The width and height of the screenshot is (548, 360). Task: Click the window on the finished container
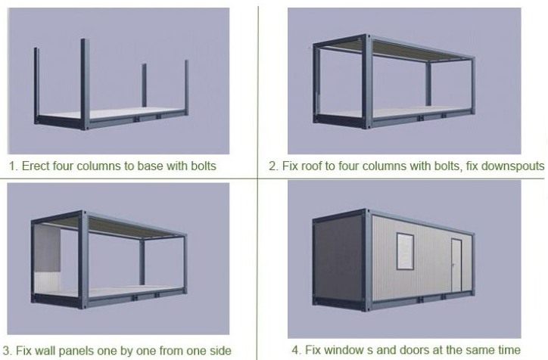(406, 251)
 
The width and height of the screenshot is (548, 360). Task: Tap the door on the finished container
(456, 265)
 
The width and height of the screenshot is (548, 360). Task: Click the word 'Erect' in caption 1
(36, 166)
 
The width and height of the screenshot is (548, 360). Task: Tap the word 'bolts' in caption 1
(204, 166)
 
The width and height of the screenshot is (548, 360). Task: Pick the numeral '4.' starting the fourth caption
(297, 349)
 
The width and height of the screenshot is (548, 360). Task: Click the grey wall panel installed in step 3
(48, 248)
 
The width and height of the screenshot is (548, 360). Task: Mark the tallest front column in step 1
(85, 84)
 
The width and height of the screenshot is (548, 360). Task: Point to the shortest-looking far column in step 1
(144, 85)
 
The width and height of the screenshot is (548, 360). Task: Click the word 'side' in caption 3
(220, 350)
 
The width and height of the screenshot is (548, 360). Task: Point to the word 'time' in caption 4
(509, 349)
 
